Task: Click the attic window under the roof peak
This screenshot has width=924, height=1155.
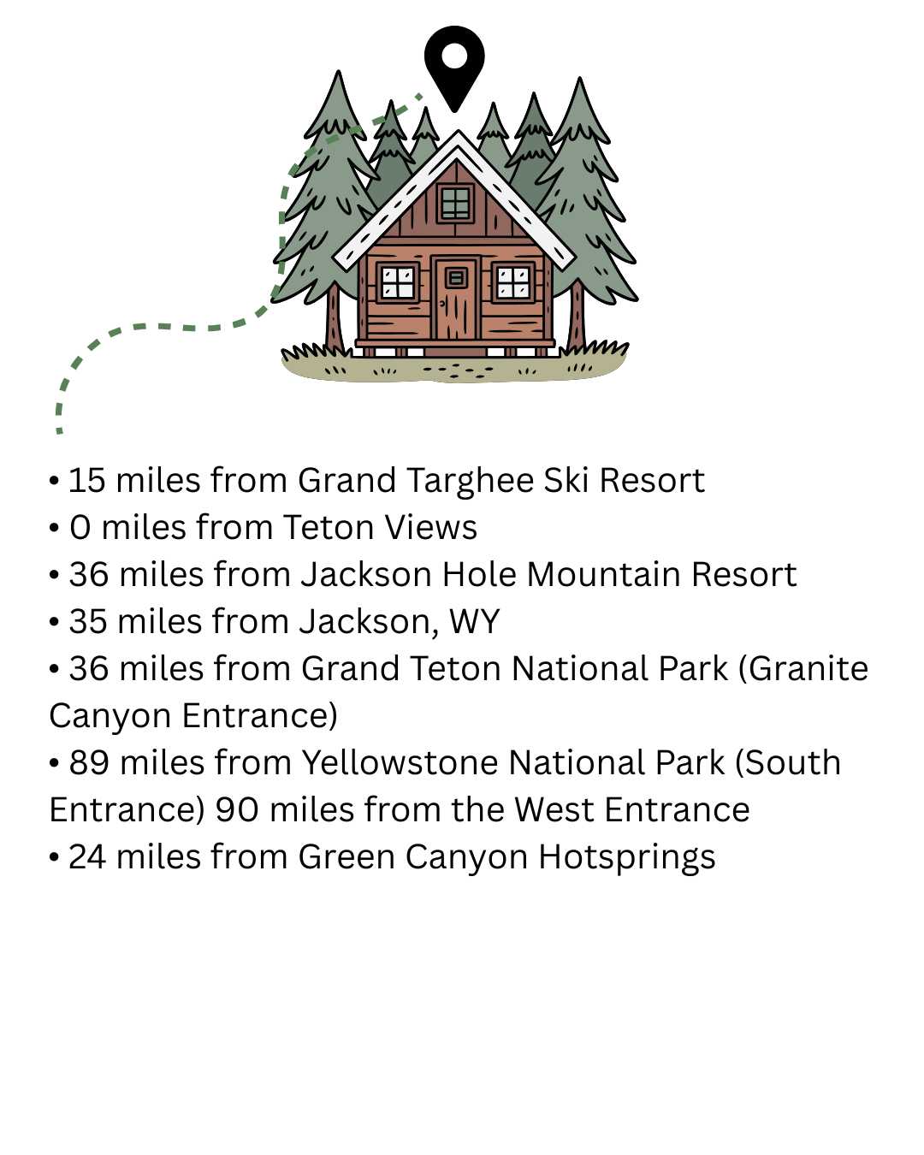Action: [x=456, y=203]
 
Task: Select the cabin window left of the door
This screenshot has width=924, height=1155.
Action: [x=398, y=282]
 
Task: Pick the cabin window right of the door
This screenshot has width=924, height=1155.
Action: [x=513, y=282]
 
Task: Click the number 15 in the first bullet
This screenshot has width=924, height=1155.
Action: [x=86, y=480]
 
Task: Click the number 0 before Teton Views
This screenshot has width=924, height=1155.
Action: [x=80, y=527]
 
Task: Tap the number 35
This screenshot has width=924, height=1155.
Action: [x=87, y=621]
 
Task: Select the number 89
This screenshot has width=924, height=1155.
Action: [x=89, y=762]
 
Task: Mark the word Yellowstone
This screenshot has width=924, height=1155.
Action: [x=400, y=762]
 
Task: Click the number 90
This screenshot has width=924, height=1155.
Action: [x=237, y=810]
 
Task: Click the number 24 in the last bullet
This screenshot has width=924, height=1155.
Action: [x=87, y=857]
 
